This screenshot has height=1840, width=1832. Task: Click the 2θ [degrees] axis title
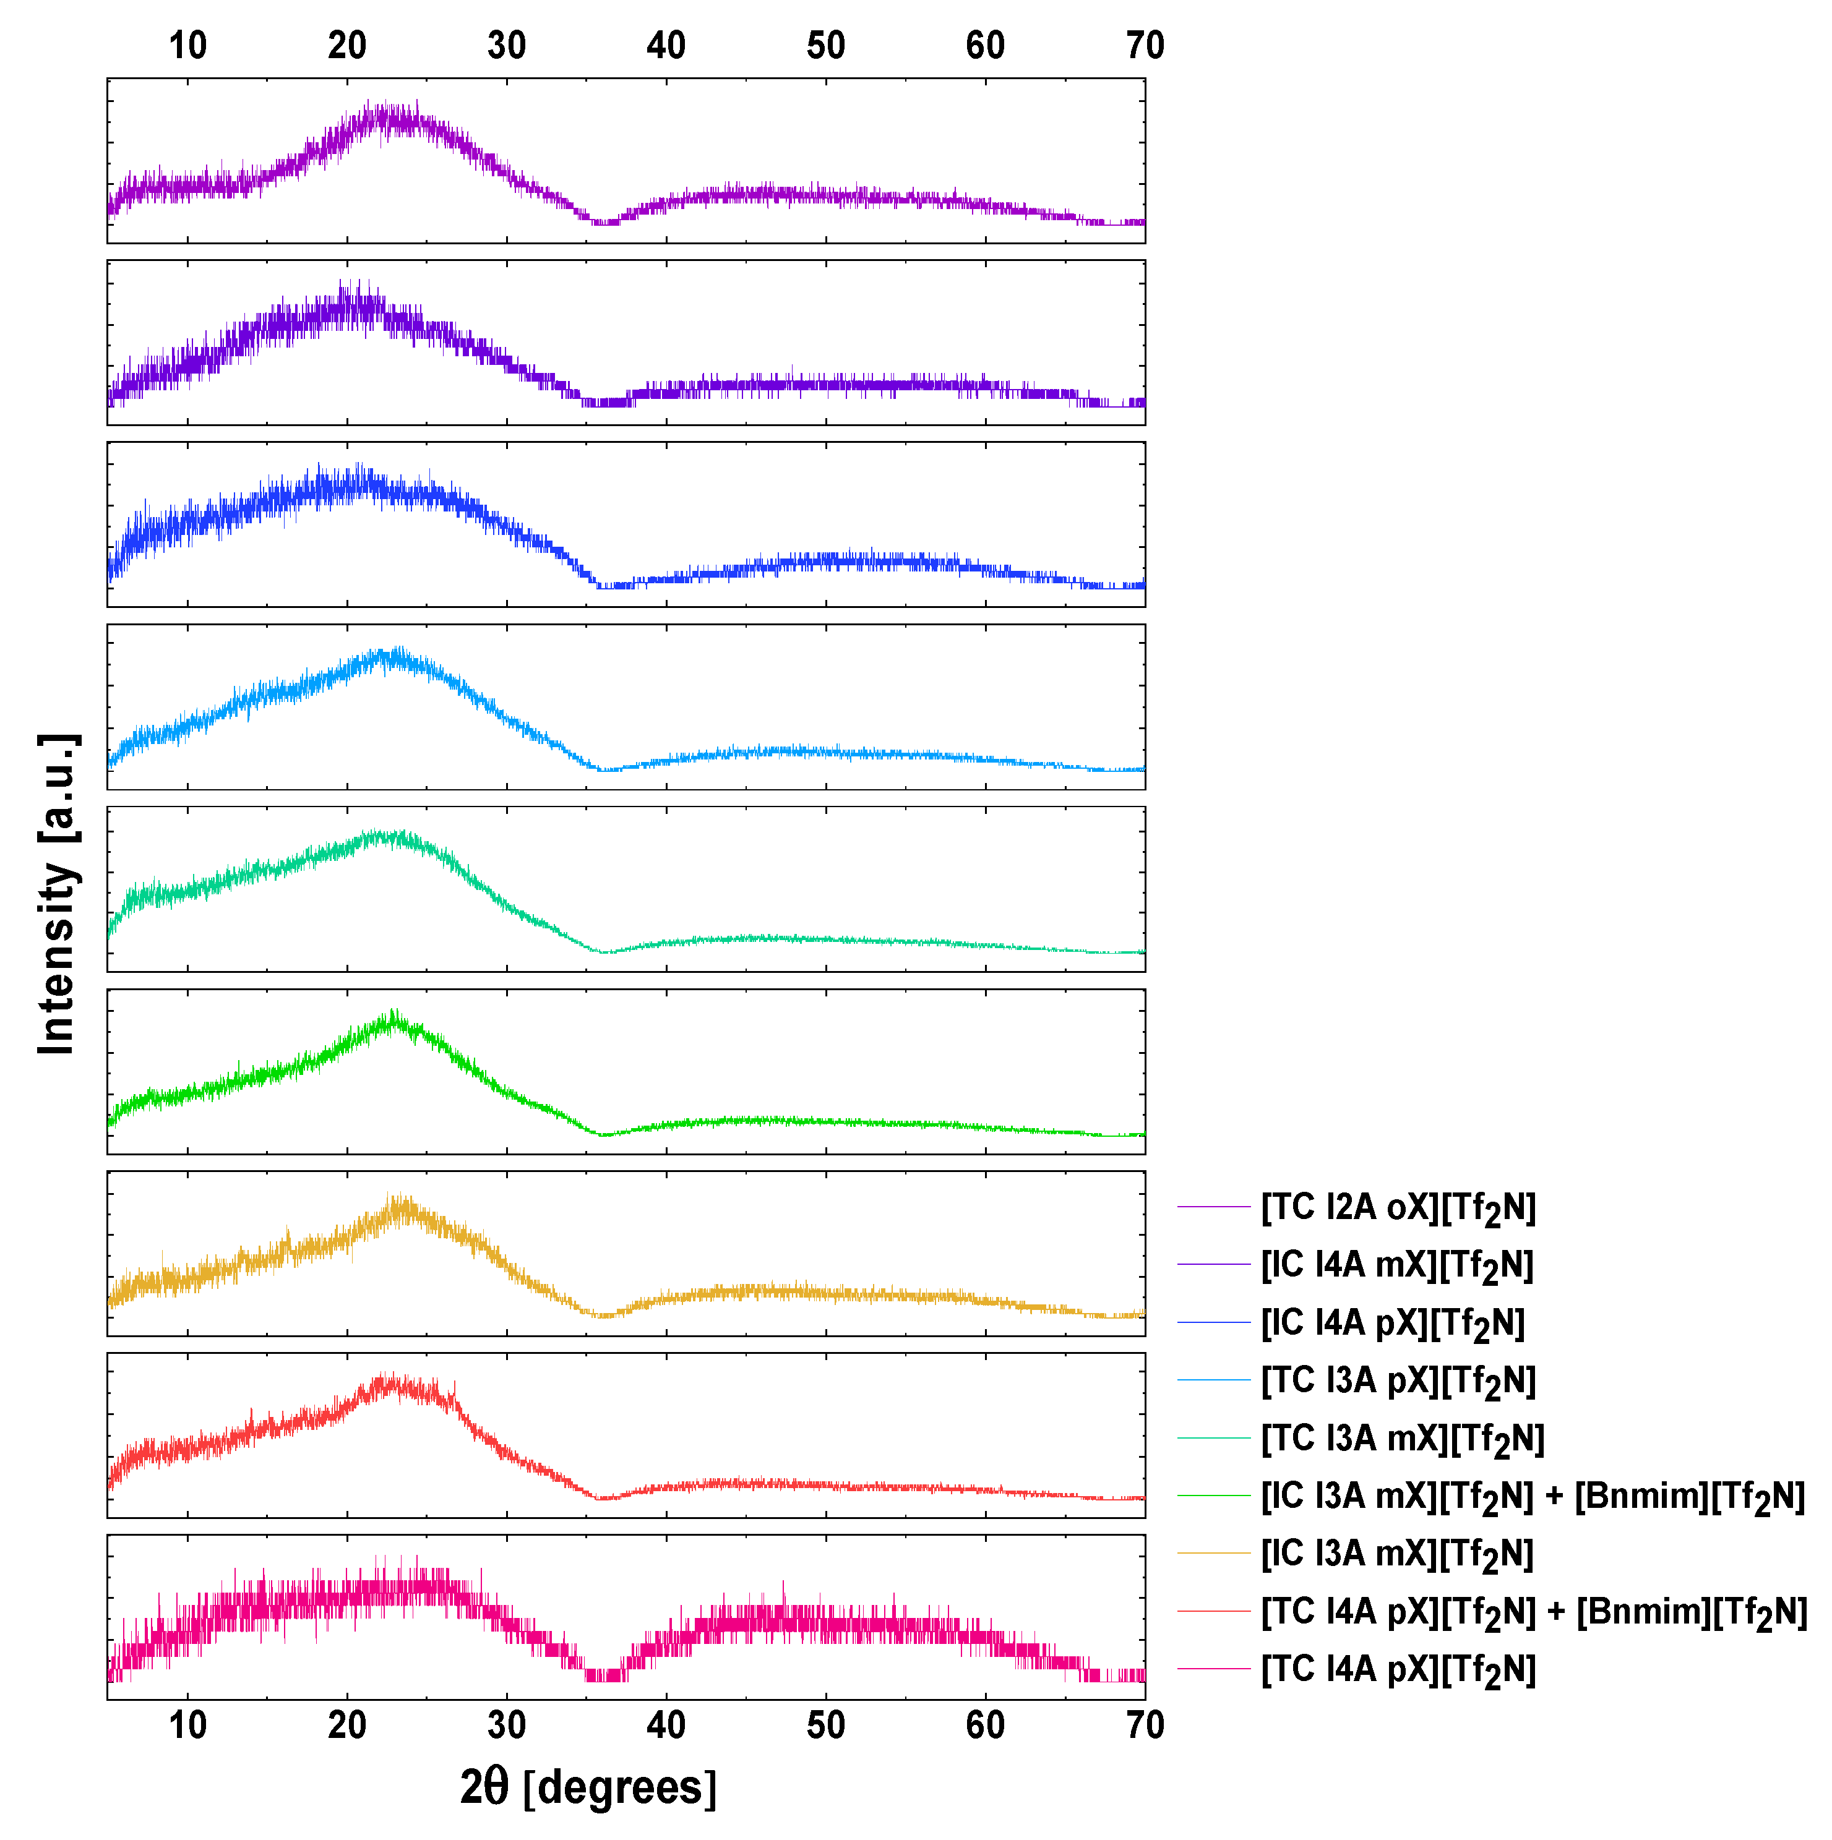click(x=588, y=1789)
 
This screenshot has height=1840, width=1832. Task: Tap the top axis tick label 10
click(x=187, y=46)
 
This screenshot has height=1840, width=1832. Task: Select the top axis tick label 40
click(x=666, y=46)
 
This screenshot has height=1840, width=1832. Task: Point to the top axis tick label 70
click(x=1144, y=46)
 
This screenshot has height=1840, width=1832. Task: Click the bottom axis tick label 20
click(x=346, y=1725)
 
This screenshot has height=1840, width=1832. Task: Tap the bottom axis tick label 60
click(x=985, y=1725)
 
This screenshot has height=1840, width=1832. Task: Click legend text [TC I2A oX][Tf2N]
click(x=1398, y=1208)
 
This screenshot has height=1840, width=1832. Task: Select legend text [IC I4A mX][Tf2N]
click(x=1396, y=1265)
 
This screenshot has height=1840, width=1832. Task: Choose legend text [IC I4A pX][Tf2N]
click(x=1392, y=1323)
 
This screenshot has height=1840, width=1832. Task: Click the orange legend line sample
click(x=1213, y=1554)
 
